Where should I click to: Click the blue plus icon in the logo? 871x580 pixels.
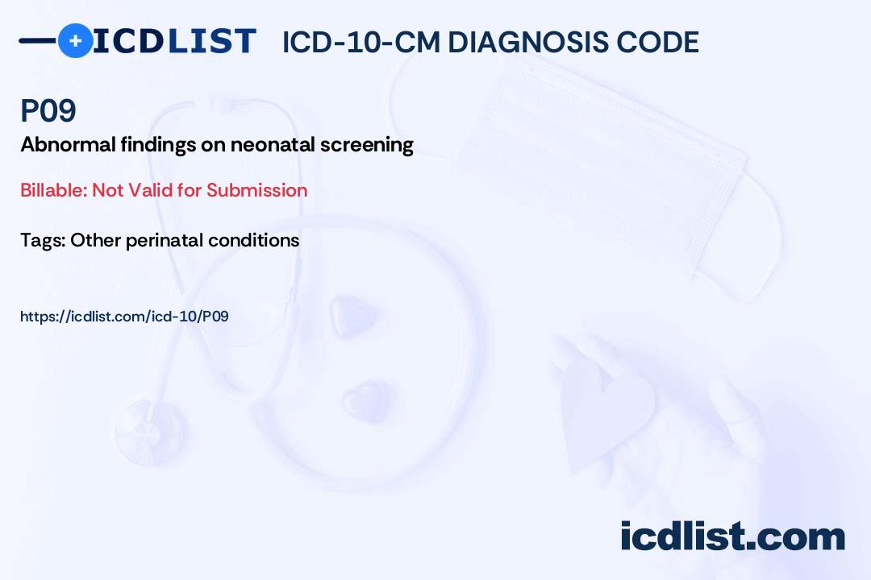75,40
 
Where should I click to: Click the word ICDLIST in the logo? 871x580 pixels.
174,41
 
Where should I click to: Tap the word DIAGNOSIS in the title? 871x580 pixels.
527,42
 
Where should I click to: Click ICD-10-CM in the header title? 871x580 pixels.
361,42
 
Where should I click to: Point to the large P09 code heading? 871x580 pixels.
48,110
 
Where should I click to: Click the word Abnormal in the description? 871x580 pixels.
69,145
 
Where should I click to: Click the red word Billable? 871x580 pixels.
53,190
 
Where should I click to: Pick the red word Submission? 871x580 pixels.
256,190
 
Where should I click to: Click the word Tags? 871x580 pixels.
43,241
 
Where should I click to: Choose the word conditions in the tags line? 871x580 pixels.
253,240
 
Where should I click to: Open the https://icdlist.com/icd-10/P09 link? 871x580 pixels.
124,317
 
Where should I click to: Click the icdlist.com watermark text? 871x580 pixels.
732,536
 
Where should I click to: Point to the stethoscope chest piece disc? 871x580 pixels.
150,431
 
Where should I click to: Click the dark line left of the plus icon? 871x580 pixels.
38,40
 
